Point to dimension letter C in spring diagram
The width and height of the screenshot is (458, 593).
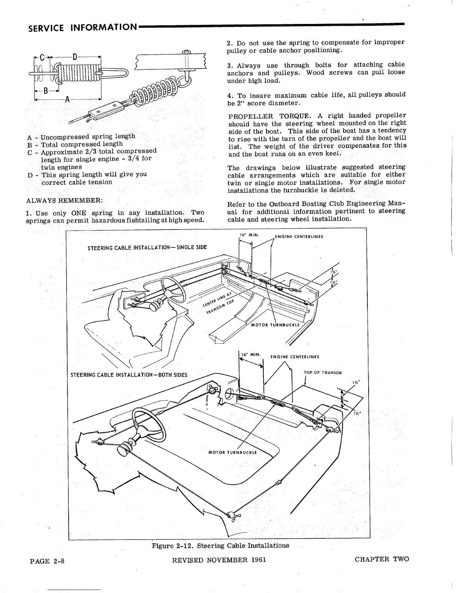coord(42,58)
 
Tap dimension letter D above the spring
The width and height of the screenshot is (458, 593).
coord(74,57)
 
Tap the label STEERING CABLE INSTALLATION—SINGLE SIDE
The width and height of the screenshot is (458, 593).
coord(147,247)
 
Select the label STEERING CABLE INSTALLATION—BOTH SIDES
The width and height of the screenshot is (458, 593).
coord(129,375)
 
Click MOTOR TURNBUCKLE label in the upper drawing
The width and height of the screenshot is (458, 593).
coord(275,325)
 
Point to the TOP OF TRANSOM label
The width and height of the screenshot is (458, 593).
coord(323,372)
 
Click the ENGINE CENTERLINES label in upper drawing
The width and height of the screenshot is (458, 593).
coord(299,236)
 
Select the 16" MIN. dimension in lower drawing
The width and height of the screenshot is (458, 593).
coord(250,354)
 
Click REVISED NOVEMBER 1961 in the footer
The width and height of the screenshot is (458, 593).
coord(219,560)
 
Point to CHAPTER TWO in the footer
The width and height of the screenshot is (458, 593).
coord(382,559)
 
